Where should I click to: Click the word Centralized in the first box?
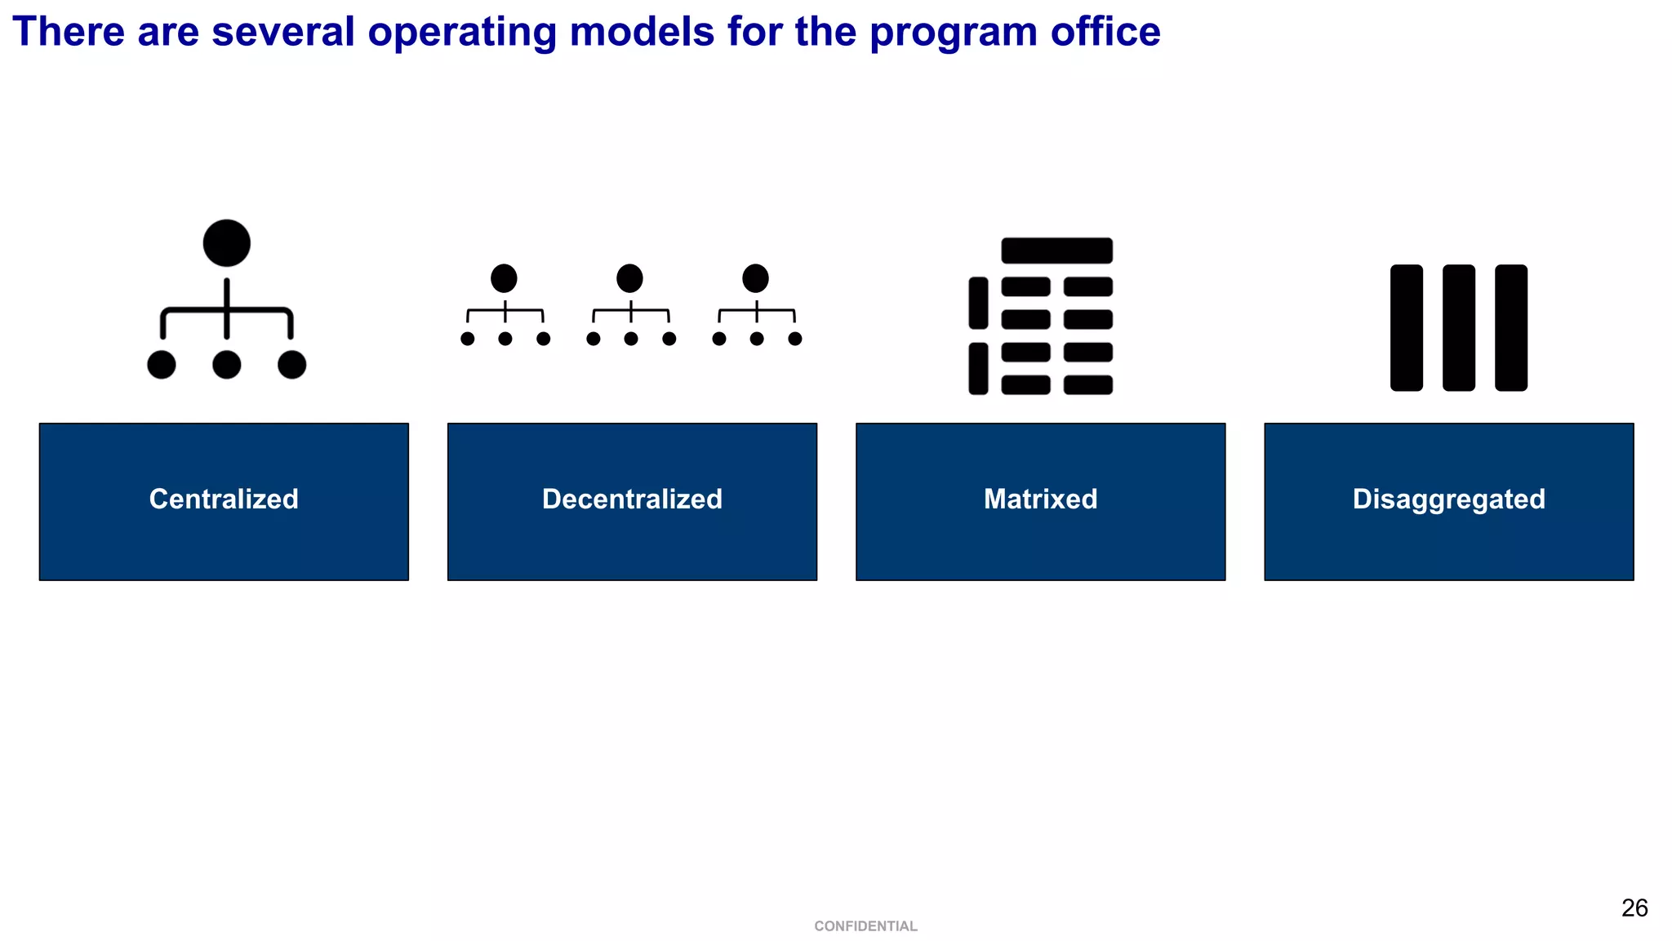224,499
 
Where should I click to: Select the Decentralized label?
632,499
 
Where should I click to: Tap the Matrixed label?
1040,499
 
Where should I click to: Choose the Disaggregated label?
1448,499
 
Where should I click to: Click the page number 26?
1634,908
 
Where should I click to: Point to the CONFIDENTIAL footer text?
865,926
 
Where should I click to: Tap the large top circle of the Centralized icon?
226,243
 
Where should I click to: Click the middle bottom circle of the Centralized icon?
226,365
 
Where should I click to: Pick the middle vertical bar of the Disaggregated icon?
1458,327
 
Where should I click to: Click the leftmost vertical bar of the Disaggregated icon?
1406,327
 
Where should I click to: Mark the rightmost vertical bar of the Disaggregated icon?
1510,327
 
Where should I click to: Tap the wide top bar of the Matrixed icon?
1056,251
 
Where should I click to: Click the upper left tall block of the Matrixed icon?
978,303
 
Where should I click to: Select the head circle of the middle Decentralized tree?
629,278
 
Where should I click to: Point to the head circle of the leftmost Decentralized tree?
504,278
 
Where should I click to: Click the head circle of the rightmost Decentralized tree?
755,278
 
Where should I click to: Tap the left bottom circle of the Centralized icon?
162,365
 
